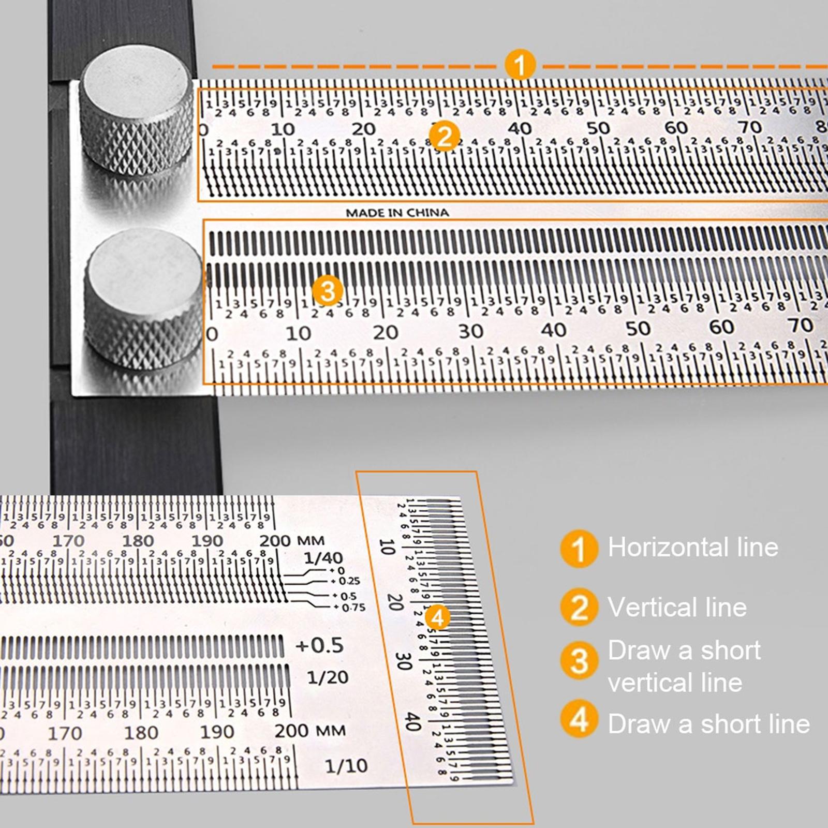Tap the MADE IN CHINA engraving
click(397, 213)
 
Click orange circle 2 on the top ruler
click(444, 137)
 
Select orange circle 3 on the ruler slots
click(328, 291)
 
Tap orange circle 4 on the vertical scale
click(438, 617)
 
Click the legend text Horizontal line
click(693, 547)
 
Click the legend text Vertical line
click(677, 607)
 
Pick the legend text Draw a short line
click(708, 723)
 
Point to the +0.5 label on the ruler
click(319, 645)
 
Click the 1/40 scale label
click(323, 558)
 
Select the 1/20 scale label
click(328, 677)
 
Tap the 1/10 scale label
click(346, 765)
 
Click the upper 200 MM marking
click(291, 541)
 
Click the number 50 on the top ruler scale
click(598, 128)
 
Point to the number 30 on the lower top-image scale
click(470, 331)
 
